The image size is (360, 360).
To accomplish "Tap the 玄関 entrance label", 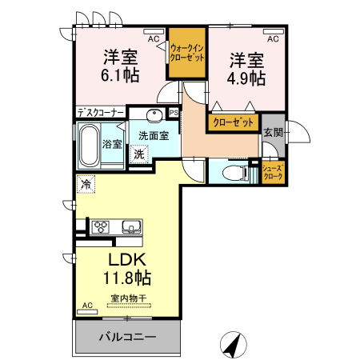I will [274, 132].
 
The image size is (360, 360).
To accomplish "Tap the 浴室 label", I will [112, 144].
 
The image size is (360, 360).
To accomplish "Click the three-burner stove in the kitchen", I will [102, 227].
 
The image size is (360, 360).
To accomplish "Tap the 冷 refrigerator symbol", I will [86, 184].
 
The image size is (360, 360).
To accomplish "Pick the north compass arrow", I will [234, 345].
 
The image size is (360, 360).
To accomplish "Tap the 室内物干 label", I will [129, 298].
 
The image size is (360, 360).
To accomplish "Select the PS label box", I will [173, 112].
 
